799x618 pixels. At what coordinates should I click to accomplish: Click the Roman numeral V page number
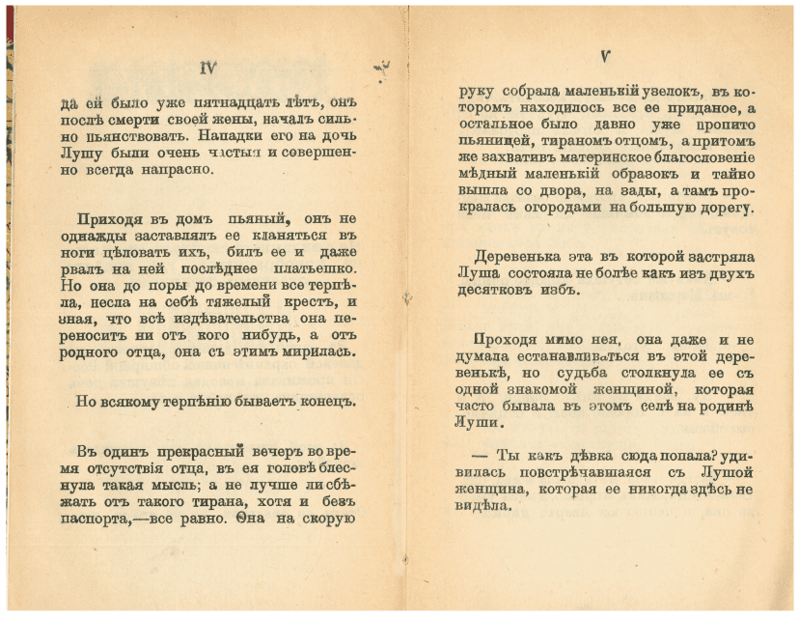[603, 56]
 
